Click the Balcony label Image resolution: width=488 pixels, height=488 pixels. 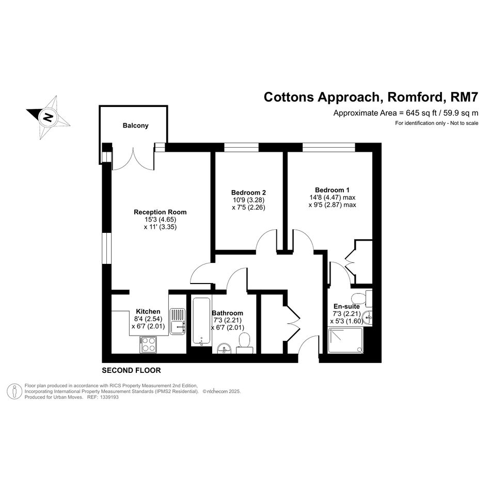click(135, 125)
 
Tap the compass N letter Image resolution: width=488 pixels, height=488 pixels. click(48, 117)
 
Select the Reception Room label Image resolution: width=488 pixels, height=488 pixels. click(160, 212)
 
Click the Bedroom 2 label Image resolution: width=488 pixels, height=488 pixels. click(248, 192)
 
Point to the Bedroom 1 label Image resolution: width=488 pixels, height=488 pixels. click(332, 190)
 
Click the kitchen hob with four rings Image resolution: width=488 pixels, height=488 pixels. click(148, 344)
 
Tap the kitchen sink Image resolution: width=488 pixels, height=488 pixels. click(178, 321)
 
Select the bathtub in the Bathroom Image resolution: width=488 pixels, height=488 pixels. click(202, 321)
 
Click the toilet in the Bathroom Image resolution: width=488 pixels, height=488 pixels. click(244, 343)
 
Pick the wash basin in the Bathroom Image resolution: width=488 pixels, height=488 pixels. click(224, 349)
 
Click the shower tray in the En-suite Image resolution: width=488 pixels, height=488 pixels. click(345, 340)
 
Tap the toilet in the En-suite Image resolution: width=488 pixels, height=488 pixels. click(361, 297)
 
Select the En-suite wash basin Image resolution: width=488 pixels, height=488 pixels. click(368, 318)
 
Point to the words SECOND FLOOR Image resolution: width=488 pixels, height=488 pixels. click(131, 370)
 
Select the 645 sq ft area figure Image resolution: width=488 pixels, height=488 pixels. click(418, 113)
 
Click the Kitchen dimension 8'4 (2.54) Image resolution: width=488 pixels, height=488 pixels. click(148, 319)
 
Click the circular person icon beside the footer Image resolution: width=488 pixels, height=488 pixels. click(14, 391)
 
